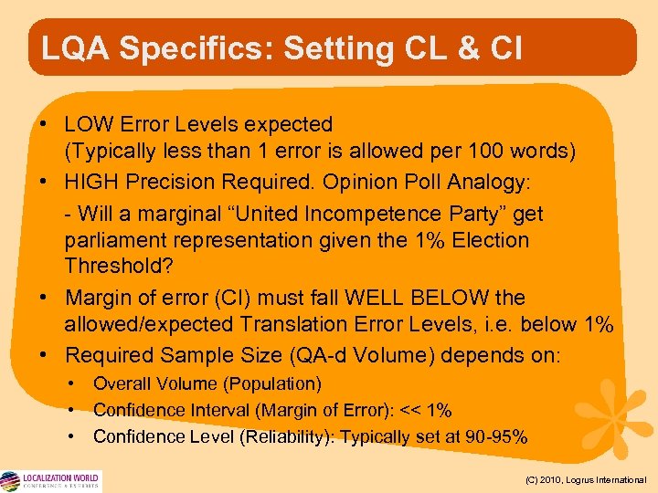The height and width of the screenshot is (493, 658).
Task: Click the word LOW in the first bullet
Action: point(90,123)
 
